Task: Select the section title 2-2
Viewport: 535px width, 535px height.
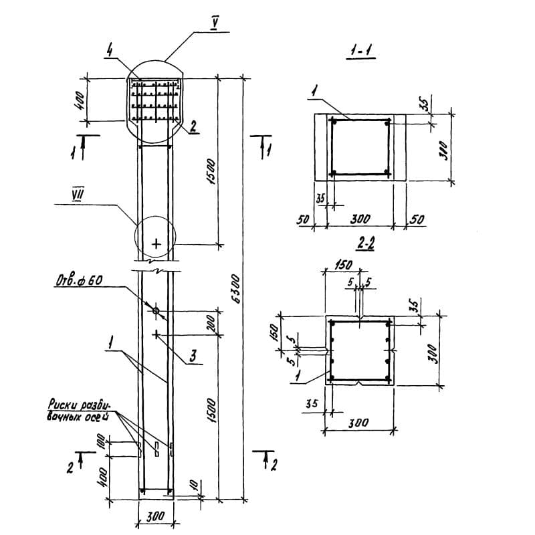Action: [365, 245]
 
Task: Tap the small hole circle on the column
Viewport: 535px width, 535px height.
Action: [156, 310]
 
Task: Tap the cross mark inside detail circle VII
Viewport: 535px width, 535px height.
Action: [156, 243]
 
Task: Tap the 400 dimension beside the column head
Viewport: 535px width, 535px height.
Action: [78, 101]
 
